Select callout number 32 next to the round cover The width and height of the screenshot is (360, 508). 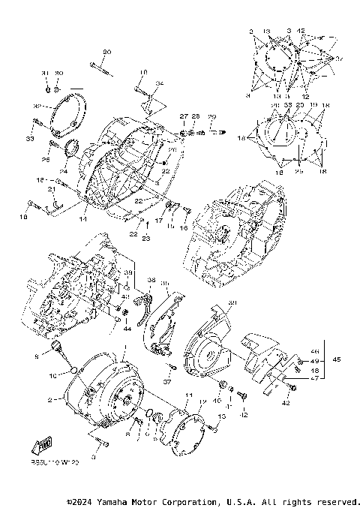click(36, 107)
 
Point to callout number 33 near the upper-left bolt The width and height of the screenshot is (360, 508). click(29, 140)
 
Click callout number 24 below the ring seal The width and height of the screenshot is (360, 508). click(64, 171)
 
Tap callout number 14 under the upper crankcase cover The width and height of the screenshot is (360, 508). click(83, 220)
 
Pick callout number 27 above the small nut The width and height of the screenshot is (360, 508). click(182, 116)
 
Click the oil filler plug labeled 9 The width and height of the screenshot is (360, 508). click(55, 345)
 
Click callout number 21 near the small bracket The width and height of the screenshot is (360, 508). click(52, 190)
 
